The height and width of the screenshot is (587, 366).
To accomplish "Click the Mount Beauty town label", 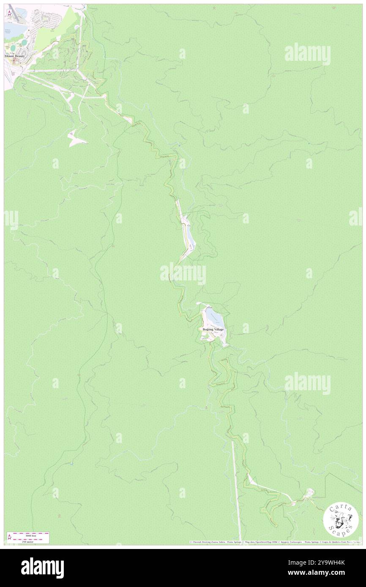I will (15, 56).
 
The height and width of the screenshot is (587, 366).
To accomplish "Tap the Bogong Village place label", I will (213, 329).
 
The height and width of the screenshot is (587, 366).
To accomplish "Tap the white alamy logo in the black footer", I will (42, 568).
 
